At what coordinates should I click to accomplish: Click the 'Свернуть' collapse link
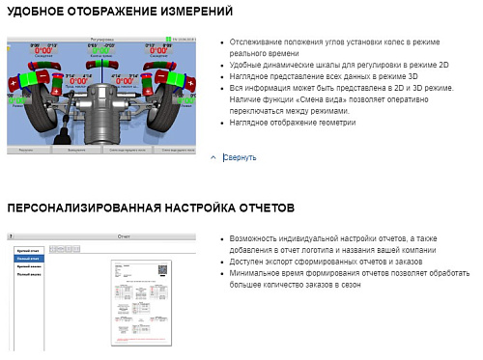pos(240,157)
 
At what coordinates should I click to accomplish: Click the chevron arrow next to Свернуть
pos(213,157)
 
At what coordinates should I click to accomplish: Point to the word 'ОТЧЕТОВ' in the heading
pos(260,208)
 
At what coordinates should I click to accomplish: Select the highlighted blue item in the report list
pos(29,258)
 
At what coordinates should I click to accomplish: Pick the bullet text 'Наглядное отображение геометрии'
pos(289,123)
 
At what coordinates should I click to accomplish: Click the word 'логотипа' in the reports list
pos(326,249)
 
